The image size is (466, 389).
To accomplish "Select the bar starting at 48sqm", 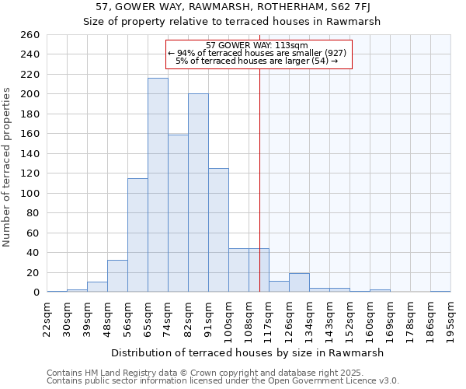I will point(117,276).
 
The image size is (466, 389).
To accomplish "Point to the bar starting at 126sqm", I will point(299,283).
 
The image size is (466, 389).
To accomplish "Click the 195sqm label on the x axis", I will point(450,320).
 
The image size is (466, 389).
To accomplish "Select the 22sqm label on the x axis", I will point(47,320).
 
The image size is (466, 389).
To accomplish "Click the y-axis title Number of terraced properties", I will point(8,166).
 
